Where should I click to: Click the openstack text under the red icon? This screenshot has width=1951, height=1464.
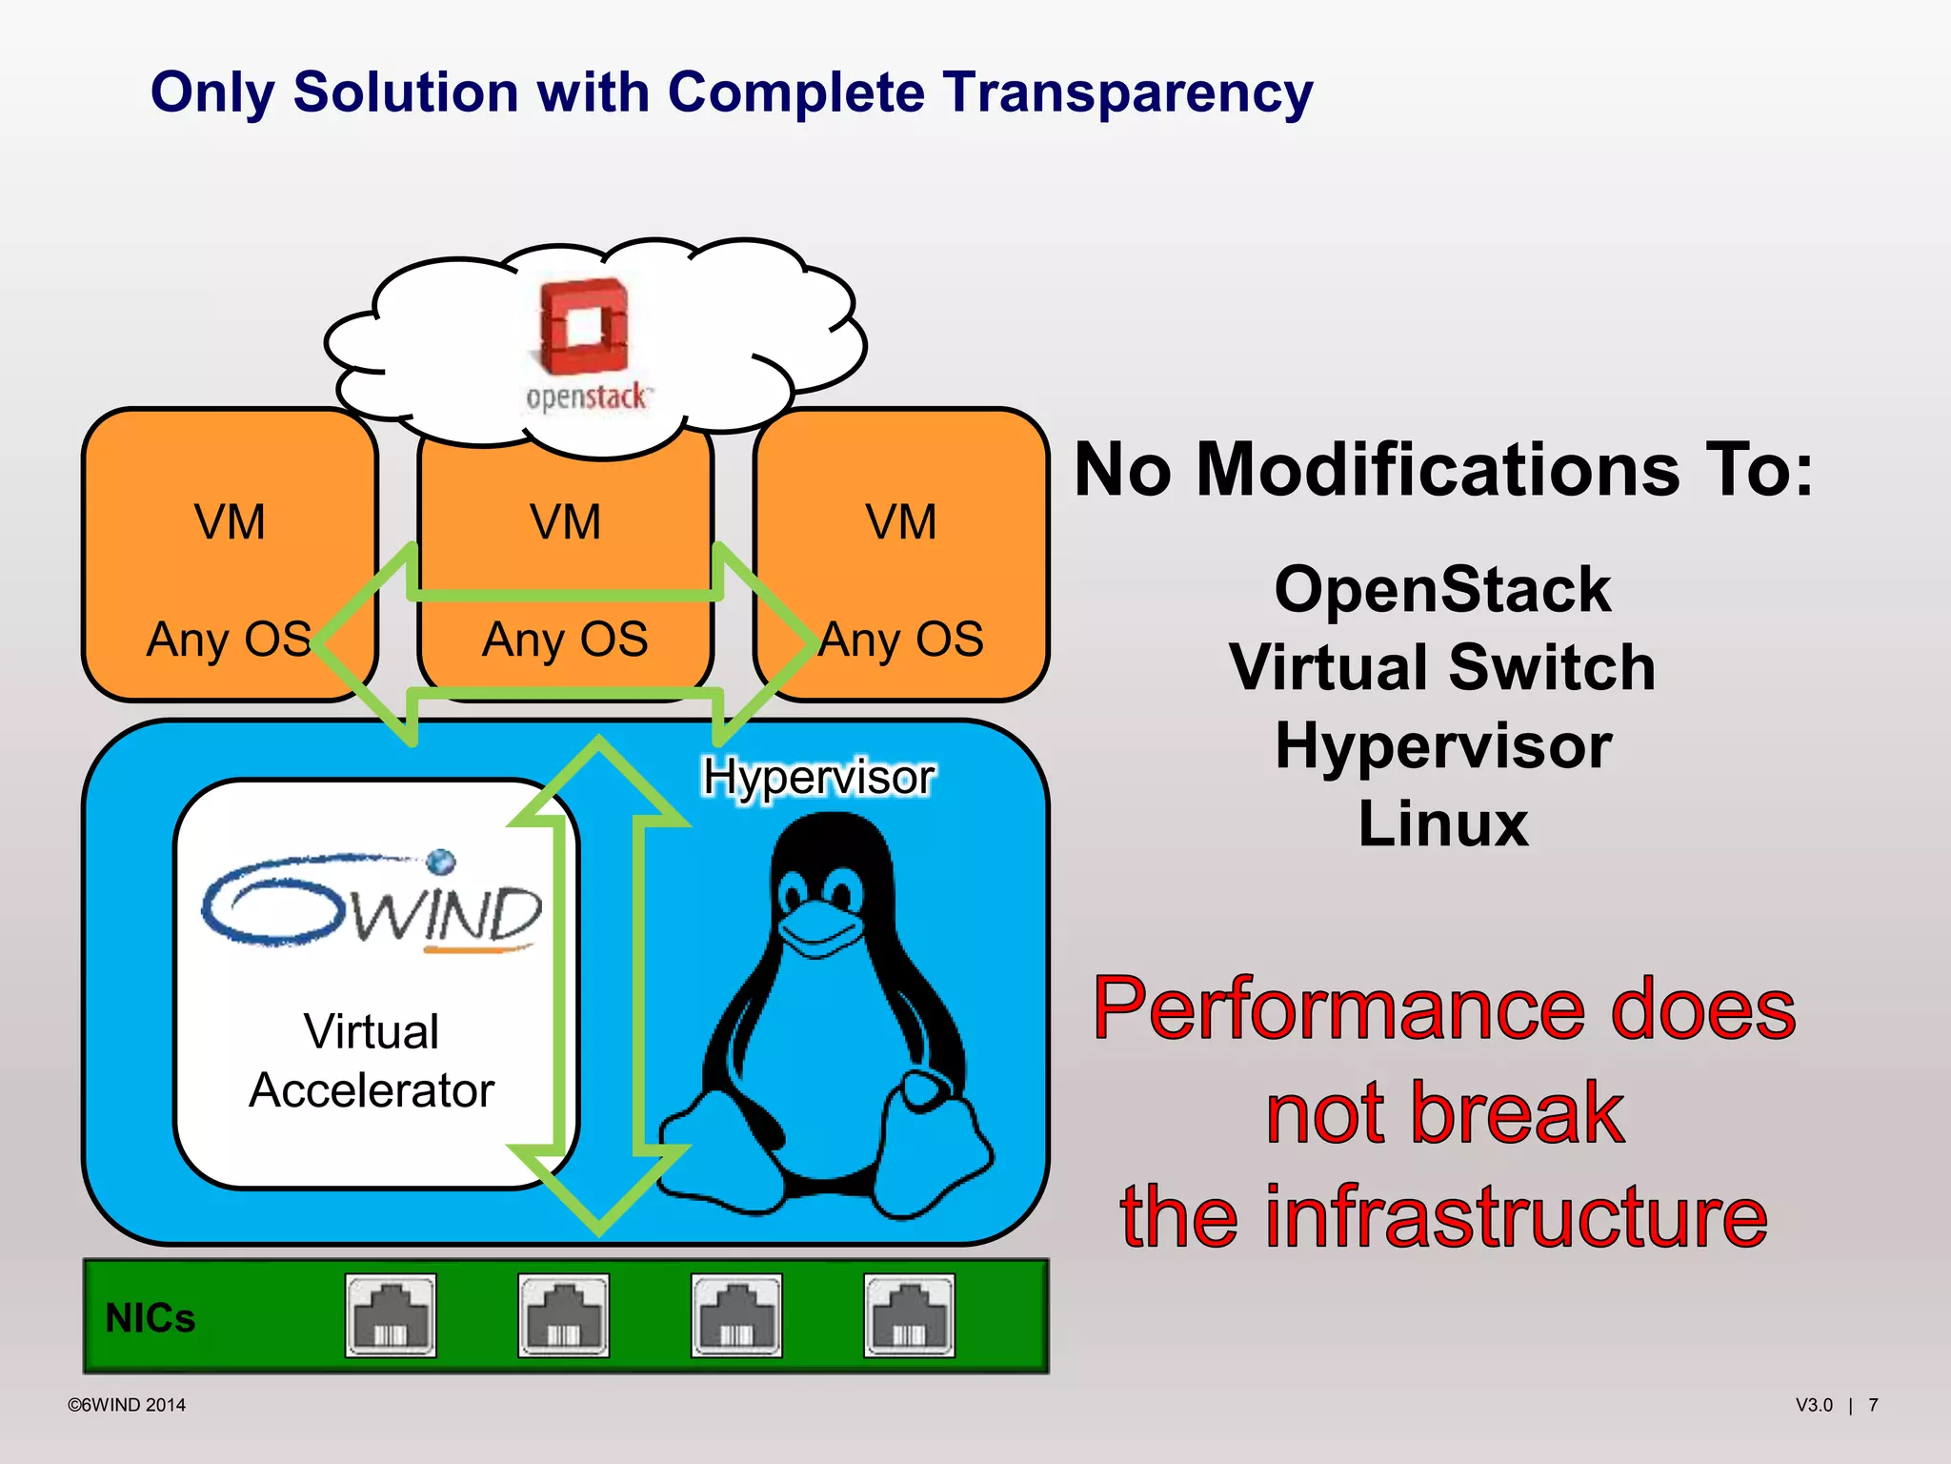tap(587, 396)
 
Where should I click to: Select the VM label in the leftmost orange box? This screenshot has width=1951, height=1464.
tap(230, 522)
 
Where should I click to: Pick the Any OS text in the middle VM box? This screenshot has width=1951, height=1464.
tap(565, 639)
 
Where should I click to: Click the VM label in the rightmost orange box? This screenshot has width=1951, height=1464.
tap(900, 522)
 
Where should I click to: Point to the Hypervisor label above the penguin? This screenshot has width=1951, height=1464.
tap(817, 777)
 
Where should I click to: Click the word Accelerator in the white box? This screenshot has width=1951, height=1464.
tap(372, 1090)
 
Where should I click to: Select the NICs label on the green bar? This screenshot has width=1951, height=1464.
tap(150, 1318)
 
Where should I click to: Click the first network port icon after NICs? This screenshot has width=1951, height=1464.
tap(391, 1316)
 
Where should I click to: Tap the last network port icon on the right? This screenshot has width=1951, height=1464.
tap(909, 1316)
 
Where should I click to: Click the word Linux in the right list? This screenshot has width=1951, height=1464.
tap(1442, 823)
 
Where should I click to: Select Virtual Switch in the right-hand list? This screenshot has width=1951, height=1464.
tap(1442, 667)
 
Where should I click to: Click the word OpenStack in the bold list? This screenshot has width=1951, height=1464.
tap(1442, 589)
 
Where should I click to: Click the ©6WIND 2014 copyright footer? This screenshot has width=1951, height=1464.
tap(127, 1405)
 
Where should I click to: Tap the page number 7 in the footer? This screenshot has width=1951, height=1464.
tap(1873, 1405)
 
